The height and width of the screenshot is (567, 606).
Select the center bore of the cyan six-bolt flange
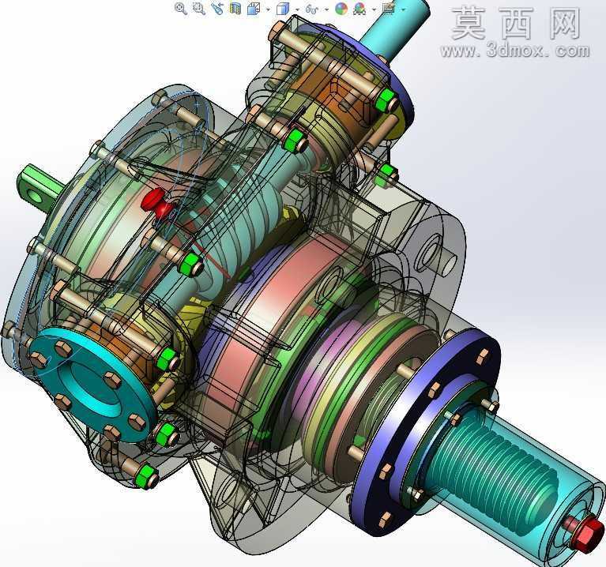[x=88, y=382]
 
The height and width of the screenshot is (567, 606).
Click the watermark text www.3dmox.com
[x=515, y=51]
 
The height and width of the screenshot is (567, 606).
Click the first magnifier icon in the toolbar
[x=180, y=8]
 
